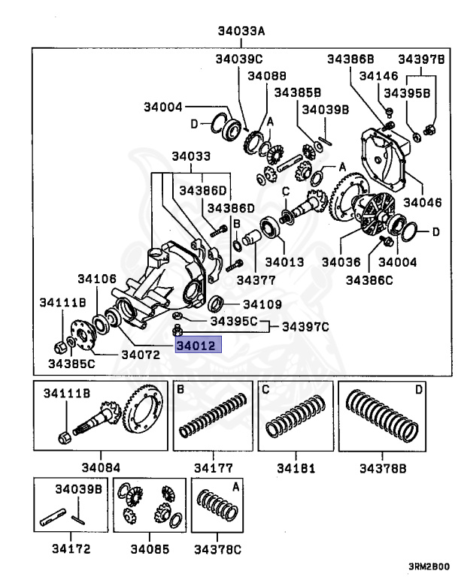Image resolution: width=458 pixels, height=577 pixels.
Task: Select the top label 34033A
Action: [x=240, y=32]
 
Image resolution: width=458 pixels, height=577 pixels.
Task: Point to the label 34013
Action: [x=284, y=262]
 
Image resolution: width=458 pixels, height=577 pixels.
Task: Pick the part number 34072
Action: [x=140, y=353]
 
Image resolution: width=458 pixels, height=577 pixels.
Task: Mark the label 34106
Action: [x=98, y=279]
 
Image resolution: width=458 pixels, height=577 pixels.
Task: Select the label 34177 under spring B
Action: [x=212, y=468]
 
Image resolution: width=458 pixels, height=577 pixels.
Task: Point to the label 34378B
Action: [x=383, y=468]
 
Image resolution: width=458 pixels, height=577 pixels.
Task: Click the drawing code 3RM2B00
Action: [x=430, y=566]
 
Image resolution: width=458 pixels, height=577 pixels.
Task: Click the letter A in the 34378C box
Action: [x=236, y=487]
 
